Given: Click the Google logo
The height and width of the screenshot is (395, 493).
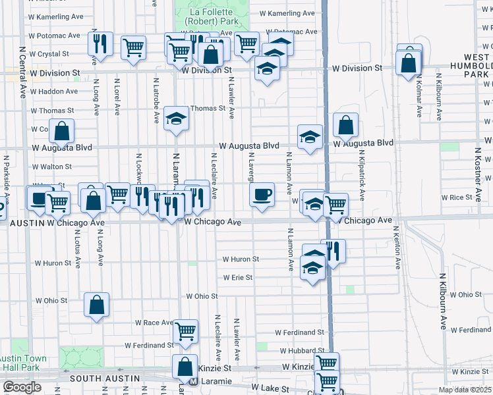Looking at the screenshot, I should tap(22, 387).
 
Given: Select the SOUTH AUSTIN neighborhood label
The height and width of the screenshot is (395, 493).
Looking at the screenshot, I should tap(105, 379).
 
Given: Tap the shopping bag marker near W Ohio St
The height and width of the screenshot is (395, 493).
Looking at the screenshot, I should tap(97, 304).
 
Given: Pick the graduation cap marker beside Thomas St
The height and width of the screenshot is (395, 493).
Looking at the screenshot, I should tap(176, 118).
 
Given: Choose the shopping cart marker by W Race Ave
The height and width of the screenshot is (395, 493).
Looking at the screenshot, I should tap(186, 330).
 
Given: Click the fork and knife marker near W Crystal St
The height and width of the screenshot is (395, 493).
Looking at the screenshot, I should tap(101, 44).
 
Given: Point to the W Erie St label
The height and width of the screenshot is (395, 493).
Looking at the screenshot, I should tap(237, 278).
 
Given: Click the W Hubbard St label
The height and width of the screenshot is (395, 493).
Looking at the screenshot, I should tap(303, 352).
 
